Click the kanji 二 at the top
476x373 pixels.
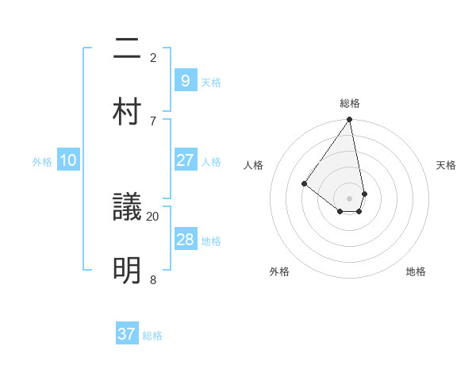point(127,50)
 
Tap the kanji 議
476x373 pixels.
point(127,209)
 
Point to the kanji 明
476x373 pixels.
point(127,271)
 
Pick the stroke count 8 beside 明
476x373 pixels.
point(152,279)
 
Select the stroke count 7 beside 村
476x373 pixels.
point(152,121)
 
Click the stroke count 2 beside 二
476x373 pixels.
point(152,57)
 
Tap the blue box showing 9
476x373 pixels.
point(185,80)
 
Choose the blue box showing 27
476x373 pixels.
point(185,160)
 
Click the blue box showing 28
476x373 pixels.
point(185,240)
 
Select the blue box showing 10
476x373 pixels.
point(68,161)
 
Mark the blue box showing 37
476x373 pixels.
point(127,334)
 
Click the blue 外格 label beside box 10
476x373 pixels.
point(42,162)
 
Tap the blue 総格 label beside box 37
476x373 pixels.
point(152,336)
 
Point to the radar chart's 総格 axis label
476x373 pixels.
point(350,103)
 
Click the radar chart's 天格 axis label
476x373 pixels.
point(447,165)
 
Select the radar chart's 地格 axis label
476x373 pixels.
point(416,271)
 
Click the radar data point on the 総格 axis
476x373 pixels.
point(349,120)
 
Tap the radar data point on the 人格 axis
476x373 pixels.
point(304,183)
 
